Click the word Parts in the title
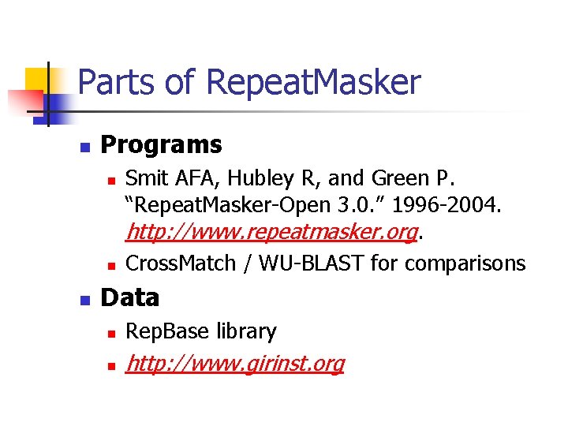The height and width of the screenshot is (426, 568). tap(110, 83)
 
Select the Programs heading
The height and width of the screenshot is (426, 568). tap(162, 144)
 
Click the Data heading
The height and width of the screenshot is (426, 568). tap(130, 297)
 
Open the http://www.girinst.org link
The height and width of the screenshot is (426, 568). tap(235, 364)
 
